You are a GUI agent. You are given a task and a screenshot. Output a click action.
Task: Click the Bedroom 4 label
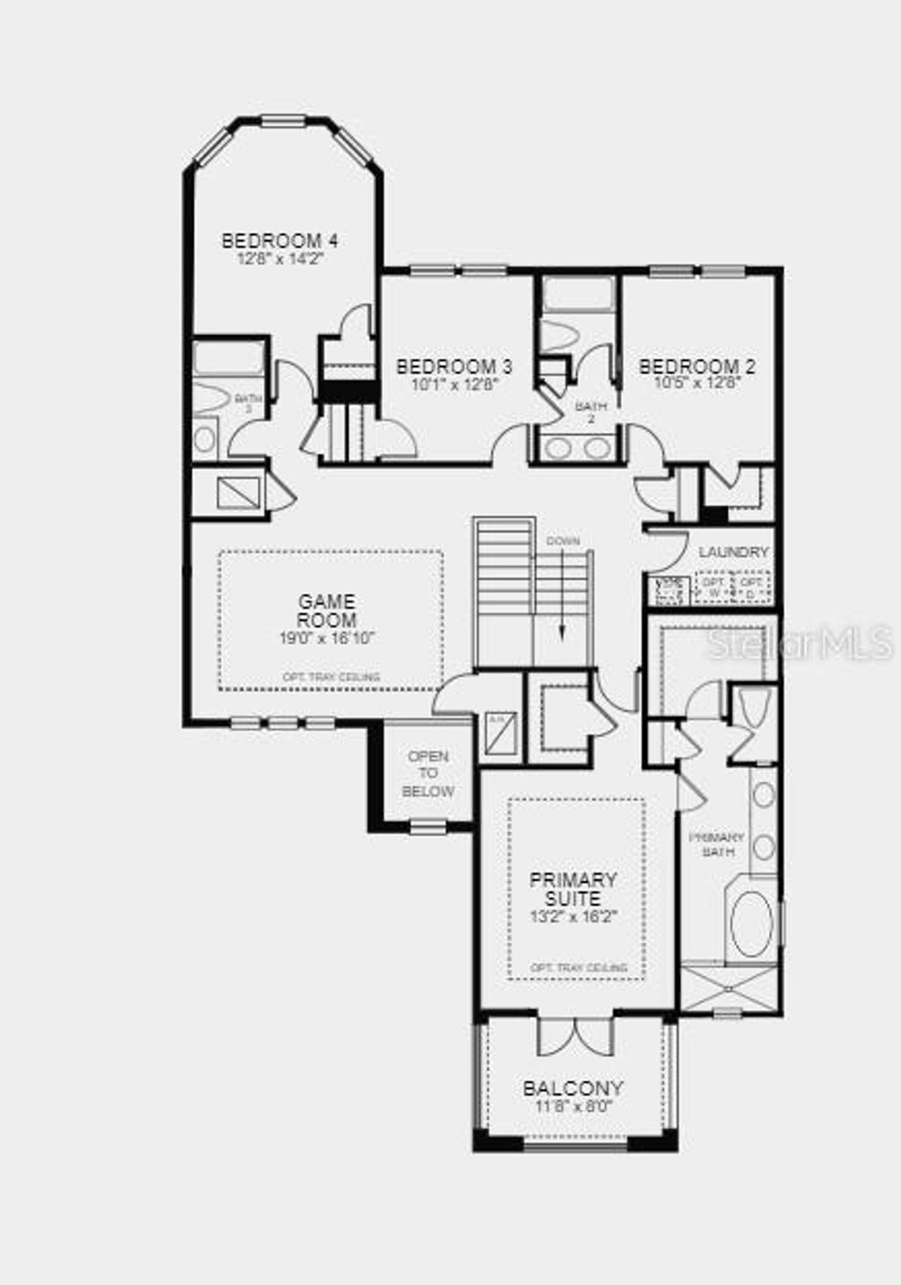(x=280, y=240)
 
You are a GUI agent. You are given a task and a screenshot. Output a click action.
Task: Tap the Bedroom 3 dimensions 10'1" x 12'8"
(x=454, y=384)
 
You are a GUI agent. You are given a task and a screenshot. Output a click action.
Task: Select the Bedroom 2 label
(x=697, y=367)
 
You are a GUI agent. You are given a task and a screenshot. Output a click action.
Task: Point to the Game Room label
(x=327, y=611)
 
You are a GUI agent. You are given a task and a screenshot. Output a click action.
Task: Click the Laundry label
(x=734, y=552)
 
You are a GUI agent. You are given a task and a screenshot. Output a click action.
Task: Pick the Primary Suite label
(x=573, y=889)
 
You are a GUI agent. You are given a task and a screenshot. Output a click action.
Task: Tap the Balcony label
(x=573, y=1088)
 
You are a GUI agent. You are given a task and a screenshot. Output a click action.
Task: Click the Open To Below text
(x=429, y=774)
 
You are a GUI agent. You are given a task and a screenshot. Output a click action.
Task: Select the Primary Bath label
(x=715, y=844)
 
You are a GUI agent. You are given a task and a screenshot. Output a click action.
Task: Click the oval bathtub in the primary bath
(x=751, y=923)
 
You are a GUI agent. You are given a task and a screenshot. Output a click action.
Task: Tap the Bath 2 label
(x=585, y=412)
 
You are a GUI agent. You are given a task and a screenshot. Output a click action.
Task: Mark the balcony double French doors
(x=575, y=1037)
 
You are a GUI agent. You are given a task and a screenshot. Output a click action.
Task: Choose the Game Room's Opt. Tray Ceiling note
(x=331, y=677)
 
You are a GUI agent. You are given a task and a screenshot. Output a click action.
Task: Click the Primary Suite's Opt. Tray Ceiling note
(x=578, y=967)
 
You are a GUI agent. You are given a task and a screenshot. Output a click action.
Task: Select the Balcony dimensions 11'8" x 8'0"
(x=573, y=1106)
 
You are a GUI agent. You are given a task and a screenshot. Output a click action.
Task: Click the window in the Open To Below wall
(x=428, y=826)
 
